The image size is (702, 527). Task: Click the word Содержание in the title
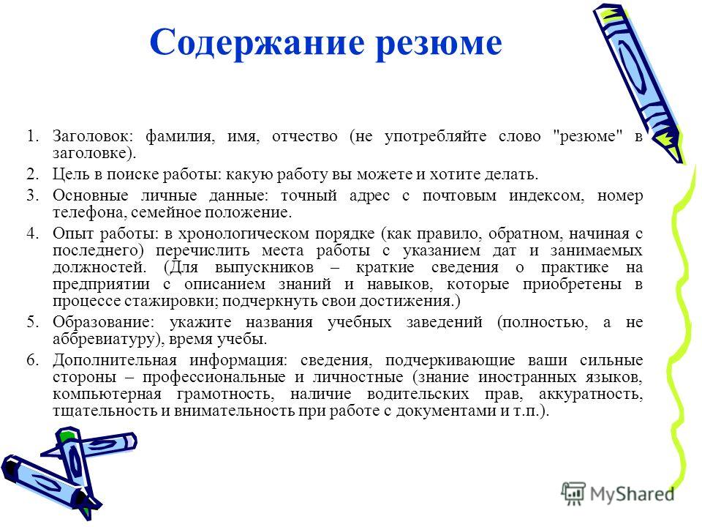(257, 43)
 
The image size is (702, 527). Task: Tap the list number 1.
(31, 136)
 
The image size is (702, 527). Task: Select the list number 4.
(31, 233)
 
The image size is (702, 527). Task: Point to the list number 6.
(31, 360)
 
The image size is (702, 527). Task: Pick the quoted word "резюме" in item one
(588, 136)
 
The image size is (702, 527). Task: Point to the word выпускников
(264, 268)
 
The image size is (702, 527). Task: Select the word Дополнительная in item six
(114, 360)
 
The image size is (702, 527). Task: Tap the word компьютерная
(107, 395)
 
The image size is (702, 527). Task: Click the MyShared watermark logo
(618, 493)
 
